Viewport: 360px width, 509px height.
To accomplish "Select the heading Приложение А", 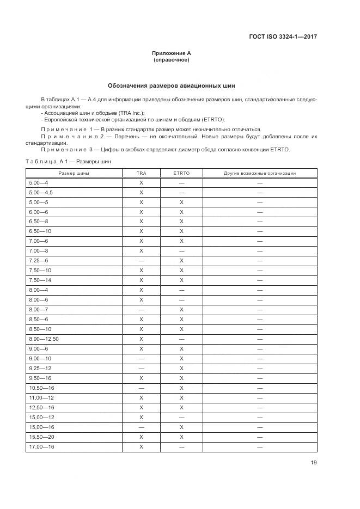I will [x=172, y=53].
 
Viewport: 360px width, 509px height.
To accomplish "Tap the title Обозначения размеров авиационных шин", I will [x=172, y=85].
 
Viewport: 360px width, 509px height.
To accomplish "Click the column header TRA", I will [x=141, y=173].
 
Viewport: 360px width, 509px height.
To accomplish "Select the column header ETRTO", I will [x=181, y=173].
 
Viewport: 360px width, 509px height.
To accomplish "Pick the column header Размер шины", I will [x=74, y=173].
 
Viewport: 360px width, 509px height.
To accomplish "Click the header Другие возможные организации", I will [x=260, y=173].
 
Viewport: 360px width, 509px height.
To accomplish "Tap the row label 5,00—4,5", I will [x=41, y=192].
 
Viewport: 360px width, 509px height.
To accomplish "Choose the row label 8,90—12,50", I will [x=44, y=339].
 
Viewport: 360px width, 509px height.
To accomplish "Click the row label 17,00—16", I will [x=41, y=446].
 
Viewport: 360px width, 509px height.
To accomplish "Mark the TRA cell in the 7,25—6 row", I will [x=141, y=261].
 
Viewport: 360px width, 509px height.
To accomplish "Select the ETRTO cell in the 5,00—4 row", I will [x=181, y=183].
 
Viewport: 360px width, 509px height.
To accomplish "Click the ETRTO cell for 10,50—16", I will [x=181, y=388].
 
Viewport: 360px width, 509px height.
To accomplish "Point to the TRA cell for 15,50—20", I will [x=141, y=437].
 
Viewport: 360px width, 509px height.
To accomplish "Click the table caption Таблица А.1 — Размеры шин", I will [x=68, y=162].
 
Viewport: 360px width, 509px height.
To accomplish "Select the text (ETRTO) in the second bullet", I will [x=212, y=119].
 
